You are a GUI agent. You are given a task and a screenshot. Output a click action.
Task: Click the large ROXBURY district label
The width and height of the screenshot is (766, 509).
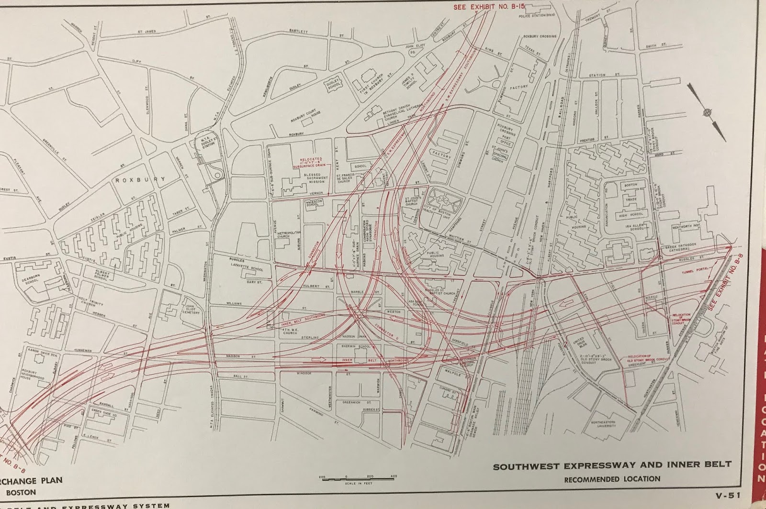point(140,179)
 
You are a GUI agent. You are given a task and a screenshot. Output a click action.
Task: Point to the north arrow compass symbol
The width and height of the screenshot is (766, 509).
point(707,113)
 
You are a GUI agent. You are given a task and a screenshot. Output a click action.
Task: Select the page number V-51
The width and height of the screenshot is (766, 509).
point(726,496)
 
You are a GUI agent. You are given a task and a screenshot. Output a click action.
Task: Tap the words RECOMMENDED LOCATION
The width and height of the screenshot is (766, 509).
point(612,479)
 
